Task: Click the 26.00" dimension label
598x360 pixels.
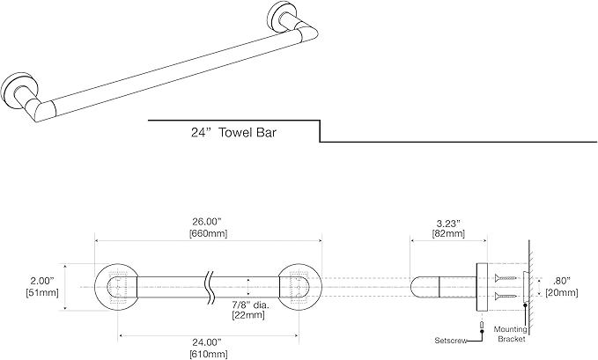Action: tap(205, 221)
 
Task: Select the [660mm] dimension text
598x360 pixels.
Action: tap(205, 233)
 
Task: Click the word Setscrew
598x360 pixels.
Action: tap(452, 338)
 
